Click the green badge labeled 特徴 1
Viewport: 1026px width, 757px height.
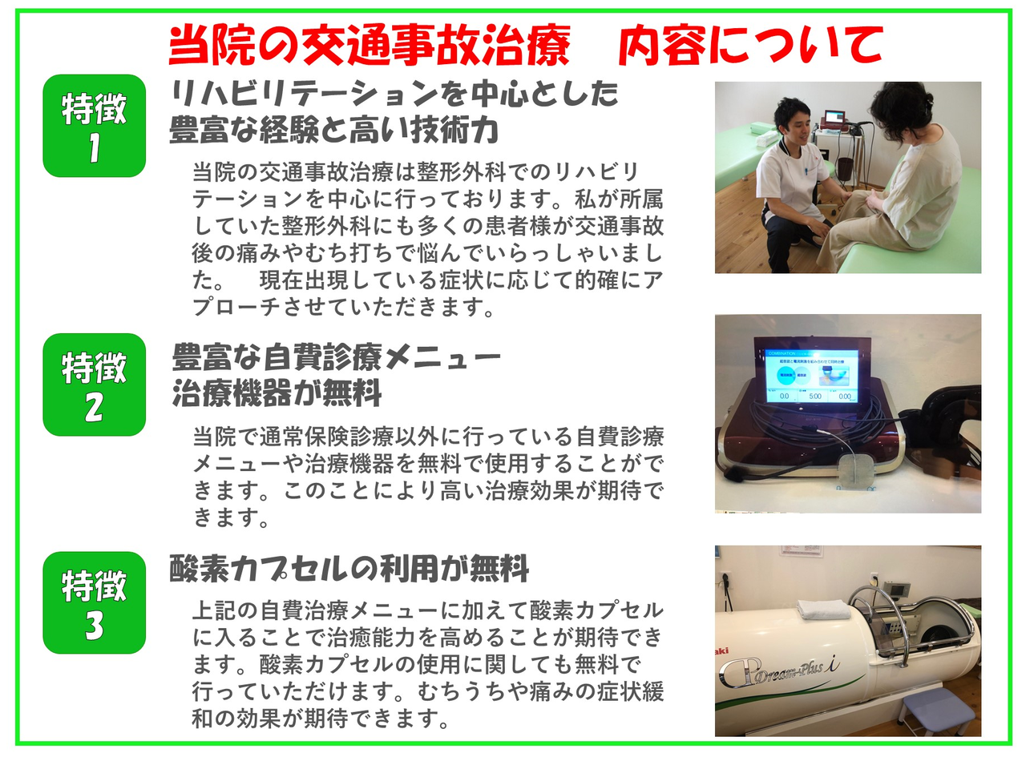point(94,126)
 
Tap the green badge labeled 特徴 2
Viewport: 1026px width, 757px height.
point(94,385)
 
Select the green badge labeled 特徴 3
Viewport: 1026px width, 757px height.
point(94,602)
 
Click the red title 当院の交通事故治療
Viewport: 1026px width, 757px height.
point(370,46)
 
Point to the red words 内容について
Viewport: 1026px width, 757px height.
point(751,46)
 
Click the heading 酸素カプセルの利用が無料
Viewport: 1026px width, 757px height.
point(349,569)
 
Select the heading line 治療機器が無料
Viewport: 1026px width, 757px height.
point(277,393)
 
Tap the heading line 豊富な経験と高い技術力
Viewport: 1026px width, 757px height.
point(334,129)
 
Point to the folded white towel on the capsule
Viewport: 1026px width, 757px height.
point(824,609)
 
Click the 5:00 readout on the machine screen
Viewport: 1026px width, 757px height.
point(815,397)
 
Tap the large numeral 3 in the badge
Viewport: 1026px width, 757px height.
point(94,625)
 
